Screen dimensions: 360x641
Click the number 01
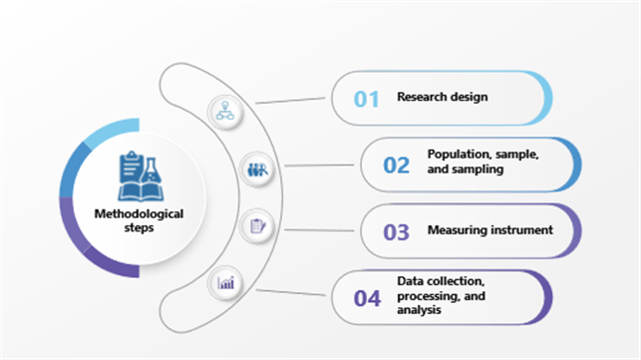tap(368, 98)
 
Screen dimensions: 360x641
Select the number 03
tap(397, 231)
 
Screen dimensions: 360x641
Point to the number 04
tap(368, 297)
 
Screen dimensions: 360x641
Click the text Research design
tap(443, 97)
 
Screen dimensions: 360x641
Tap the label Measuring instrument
tap(489, 230)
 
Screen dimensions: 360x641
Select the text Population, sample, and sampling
tap(483, 163)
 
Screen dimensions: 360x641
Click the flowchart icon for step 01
tap(225, 111)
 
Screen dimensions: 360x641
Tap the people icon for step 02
tap(255, 169)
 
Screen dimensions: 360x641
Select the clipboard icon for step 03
tap(255, 225)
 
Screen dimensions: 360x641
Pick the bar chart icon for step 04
tap(226, 282)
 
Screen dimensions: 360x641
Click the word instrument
tap(525, 230)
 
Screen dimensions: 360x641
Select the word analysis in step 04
tap(419, 310)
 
